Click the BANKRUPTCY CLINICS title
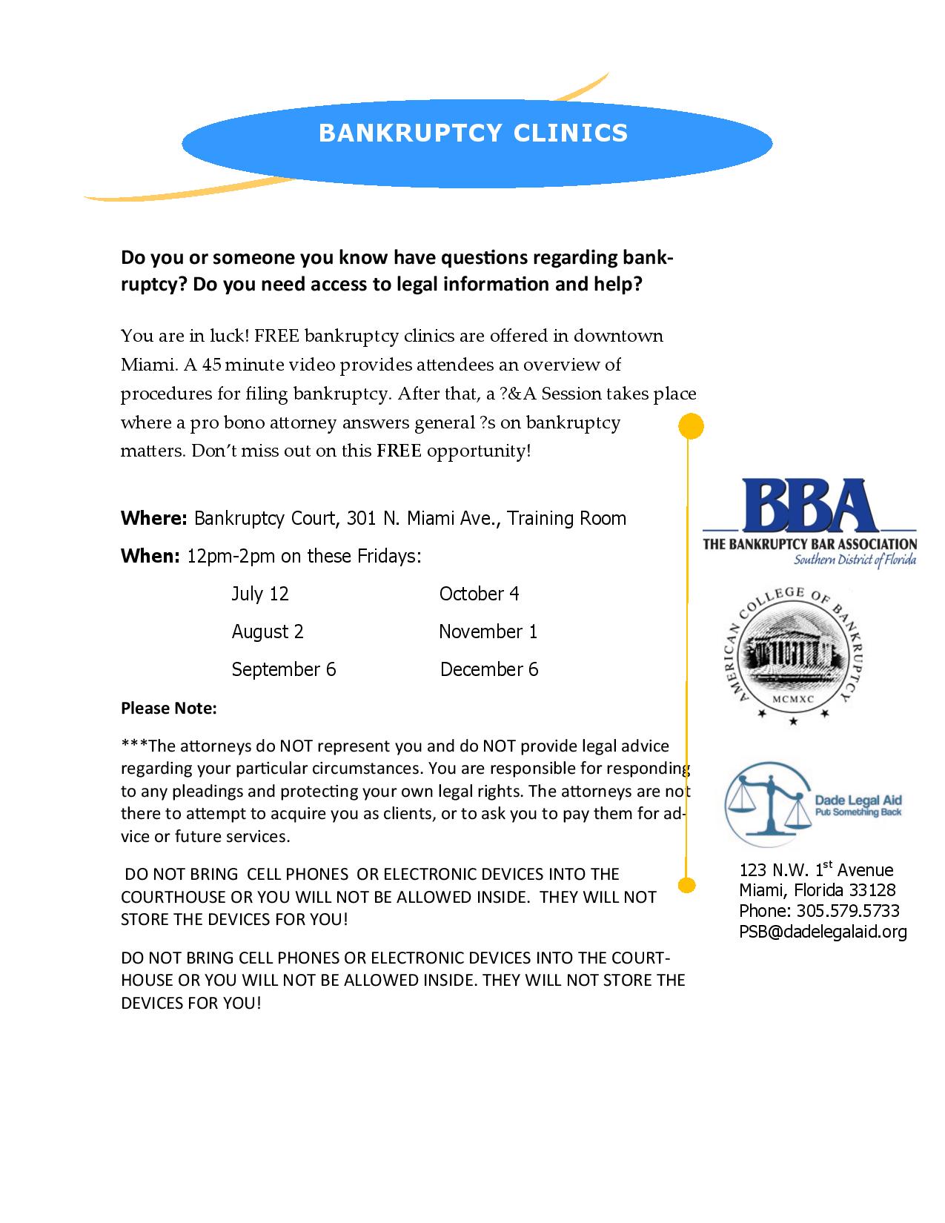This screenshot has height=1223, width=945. click(473, 133)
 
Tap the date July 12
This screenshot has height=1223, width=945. click(260, 594)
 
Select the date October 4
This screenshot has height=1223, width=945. click(479, 594)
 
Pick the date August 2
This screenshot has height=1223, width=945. click(268, 632)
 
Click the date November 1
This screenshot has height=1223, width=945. click(488, 632)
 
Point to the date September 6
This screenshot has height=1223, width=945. click(283, 669)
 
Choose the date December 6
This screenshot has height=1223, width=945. click(489, 669)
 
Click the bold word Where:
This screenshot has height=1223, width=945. click(153, 518)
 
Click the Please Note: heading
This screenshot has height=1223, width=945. click(169, 709)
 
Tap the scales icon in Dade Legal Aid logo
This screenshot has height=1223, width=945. click(766, 806)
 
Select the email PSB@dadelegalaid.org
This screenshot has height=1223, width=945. click(823, 932)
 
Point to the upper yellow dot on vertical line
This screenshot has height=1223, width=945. click(691, 426)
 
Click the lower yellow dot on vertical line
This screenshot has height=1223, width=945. click(687, 884)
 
